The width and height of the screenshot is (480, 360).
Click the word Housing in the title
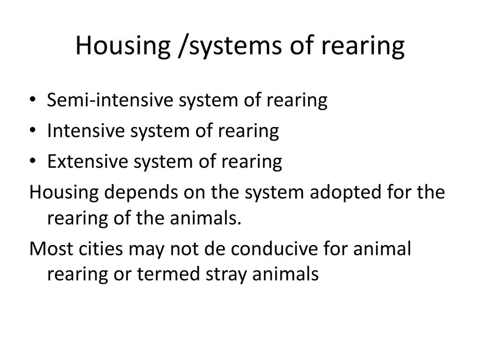[123, 46]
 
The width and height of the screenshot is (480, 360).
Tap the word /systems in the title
[230, 46]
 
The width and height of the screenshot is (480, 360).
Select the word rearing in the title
[363, 46]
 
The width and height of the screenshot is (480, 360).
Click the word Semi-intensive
[110, 100]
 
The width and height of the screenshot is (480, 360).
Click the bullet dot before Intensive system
[33, 130]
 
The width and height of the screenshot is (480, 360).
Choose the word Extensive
[88, 161]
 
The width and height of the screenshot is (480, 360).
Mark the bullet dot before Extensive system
[33, 161]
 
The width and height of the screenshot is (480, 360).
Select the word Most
[52, 248]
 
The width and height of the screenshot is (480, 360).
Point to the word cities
[101, 248]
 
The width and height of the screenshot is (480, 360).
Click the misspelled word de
[214, 248]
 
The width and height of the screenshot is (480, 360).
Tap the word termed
[168, 274]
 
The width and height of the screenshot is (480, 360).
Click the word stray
[226, 274]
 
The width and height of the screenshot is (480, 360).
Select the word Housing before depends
[64, 192]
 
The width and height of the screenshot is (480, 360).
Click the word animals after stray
[285, 274]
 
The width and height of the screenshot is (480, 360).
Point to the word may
[146, 249]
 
